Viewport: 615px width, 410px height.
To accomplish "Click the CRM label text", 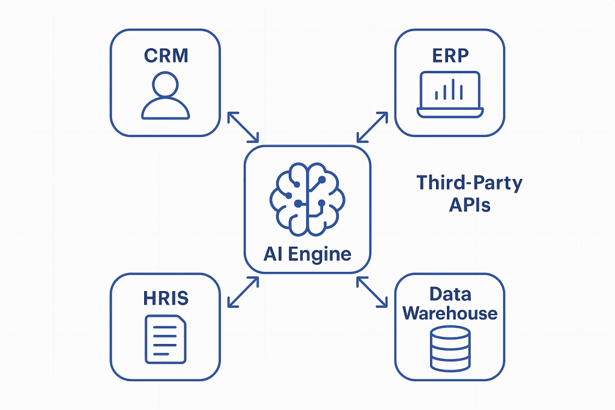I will pos(166,56).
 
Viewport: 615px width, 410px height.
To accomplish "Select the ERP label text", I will pos(450,56).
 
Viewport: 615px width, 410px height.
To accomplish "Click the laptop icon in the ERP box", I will pos(450,94).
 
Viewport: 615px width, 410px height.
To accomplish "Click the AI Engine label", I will pos(307,253).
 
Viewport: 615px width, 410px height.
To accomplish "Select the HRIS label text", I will pos(166,297).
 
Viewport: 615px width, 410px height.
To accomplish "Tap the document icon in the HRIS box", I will pos(166,339).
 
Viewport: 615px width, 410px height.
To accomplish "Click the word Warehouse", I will pos(450,313).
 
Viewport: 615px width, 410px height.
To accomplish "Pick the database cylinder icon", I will pos(450,348).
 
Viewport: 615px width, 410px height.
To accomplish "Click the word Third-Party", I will pos(469,182).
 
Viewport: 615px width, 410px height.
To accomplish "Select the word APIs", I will pos(470,205).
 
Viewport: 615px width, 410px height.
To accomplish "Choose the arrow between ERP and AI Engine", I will pos(372,126).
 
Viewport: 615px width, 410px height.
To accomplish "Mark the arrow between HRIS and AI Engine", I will pos(243,292).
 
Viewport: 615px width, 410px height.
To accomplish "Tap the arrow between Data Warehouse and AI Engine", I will pos(372,292).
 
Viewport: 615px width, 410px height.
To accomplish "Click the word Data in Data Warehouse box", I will pos(450,294).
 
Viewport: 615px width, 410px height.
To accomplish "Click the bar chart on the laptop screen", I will pos(450,91).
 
